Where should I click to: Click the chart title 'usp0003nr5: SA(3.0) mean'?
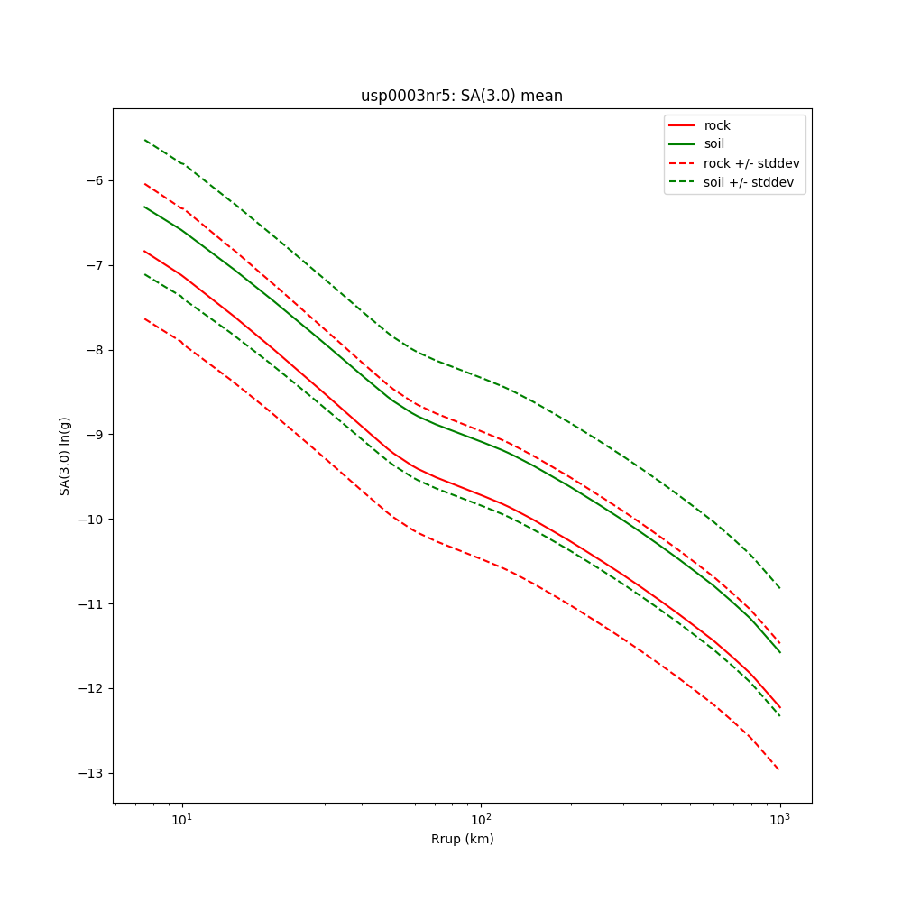(461, 96)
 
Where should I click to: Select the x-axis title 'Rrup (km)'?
(462, 839)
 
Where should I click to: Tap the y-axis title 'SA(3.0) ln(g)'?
(65, 456)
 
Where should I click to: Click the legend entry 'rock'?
(717, 125)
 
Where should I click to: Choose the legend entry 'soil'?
(713, 144)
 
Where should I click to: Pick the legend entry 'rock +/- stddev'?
(750, 163)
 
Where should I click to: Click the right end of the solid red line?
(779, 707)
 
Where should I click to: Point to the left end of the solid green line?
(144, 207)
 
